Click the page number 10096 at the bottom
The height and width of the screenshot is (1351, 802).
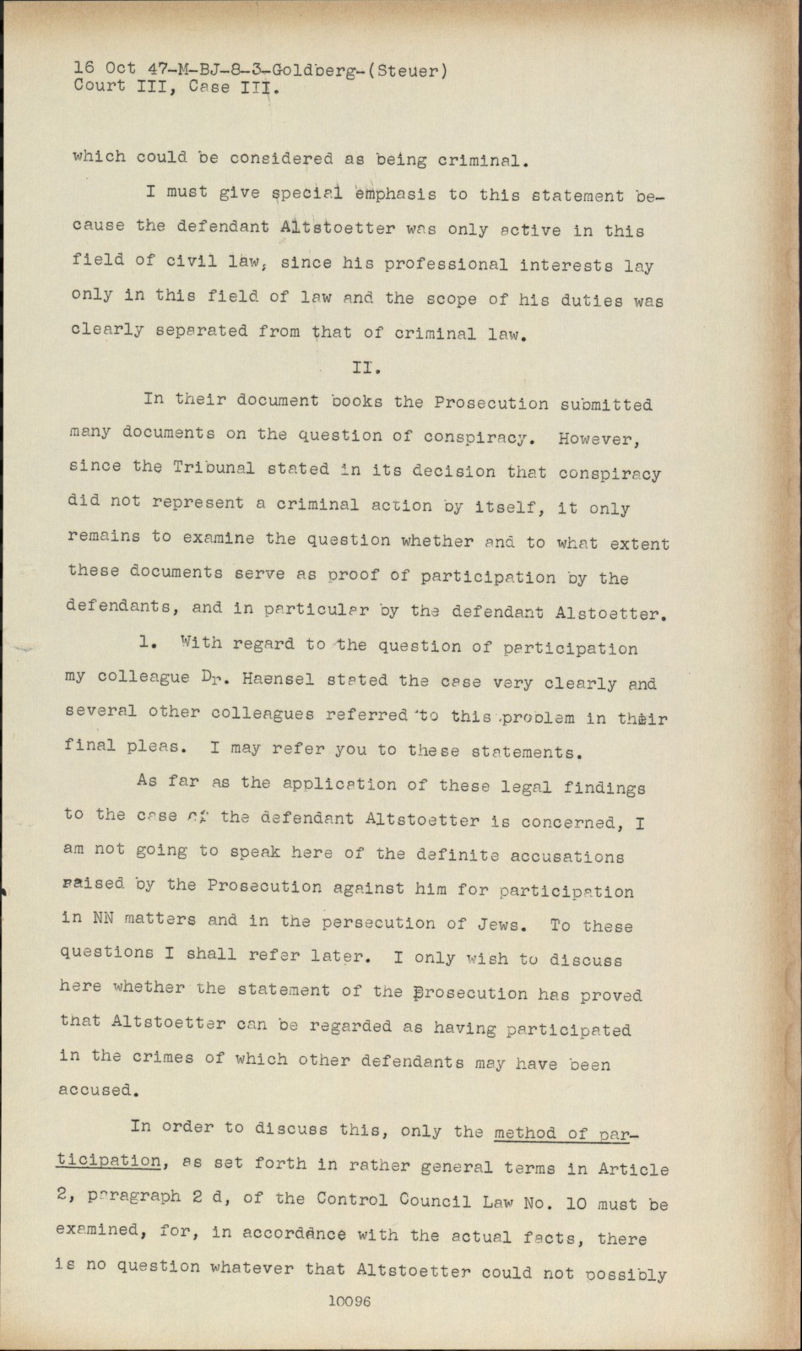[x=350, y=1302]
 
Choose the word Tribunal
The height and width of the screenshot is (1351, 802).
[x=214, y=467]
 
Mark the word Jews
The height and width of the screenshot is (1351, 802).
[x=502, y=923]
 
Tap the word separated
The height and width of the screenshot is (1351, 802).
[x=201, y=331]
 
